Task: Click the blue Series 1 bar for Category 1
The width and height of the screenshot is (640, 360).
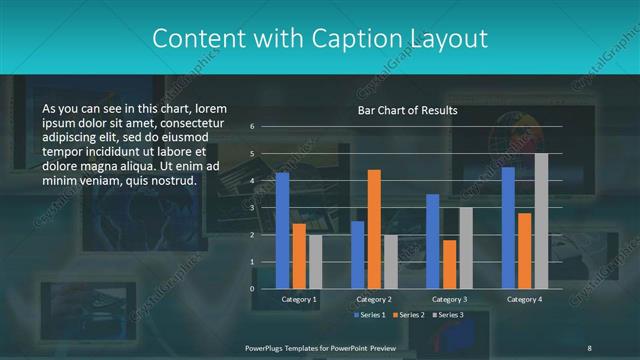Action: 282,230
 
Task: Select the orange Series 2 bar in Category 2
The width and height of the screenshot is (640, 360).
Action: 374,229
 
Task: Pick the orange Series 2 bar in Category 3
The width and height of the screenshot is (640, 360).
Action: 449,264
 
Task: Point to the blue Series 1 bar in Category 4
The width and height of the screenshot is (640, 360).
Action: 508,227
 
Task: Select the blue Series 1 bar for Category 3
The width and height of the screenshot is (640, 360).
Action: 432,241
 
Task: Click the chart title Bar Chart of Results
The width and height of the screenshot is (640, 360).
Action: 407,110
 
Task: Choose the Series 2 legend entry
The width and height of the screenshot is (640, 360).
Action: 408,315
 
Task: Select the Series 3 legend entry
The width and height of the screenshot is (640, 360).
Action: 449,315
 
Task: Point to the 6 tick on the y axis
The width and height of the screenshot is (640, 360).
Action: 252,127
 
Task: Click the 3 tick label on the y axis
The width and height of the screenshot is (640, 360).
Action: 252,208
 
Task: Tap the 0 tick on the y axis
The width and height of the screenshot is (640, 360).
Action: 252,289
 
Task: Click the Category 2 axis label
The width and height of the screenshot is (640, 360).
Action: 374,299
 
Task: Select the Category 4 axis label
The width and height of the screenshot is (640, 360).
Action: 524,299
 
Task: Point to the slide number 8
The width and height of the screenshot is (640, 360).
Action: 589,347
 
